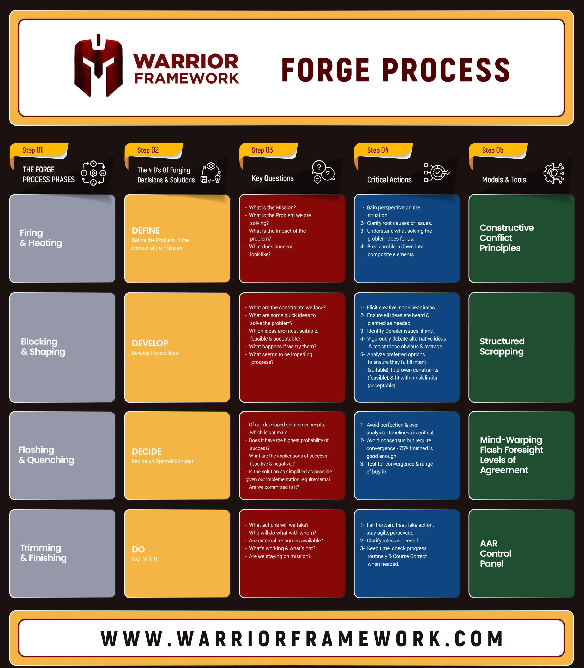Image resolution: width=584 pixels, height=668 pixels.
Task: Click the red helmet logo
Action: point(98,65)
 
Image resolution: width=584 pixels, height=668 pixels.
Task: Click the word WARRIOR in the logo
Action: point(186,61)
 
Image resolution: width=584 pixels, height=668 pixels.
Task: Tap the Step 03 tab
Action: point(269,150)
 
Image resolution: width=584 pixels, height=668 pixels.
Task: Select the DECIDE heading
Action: point(147,451)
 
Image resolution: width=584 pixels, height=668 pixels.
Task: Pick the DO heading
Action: point(138,549)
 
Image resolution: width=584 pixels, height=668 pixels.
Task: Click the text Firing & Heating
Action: point(41,238)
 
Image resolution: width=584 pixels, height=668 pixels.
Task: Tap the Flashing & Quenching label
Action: point(46,455)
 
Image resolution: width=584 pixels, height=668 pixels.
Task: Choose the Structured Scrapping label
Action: point(502,346)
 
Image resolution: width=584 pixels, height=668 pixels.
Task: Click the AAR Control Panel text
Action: point(495,553)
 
